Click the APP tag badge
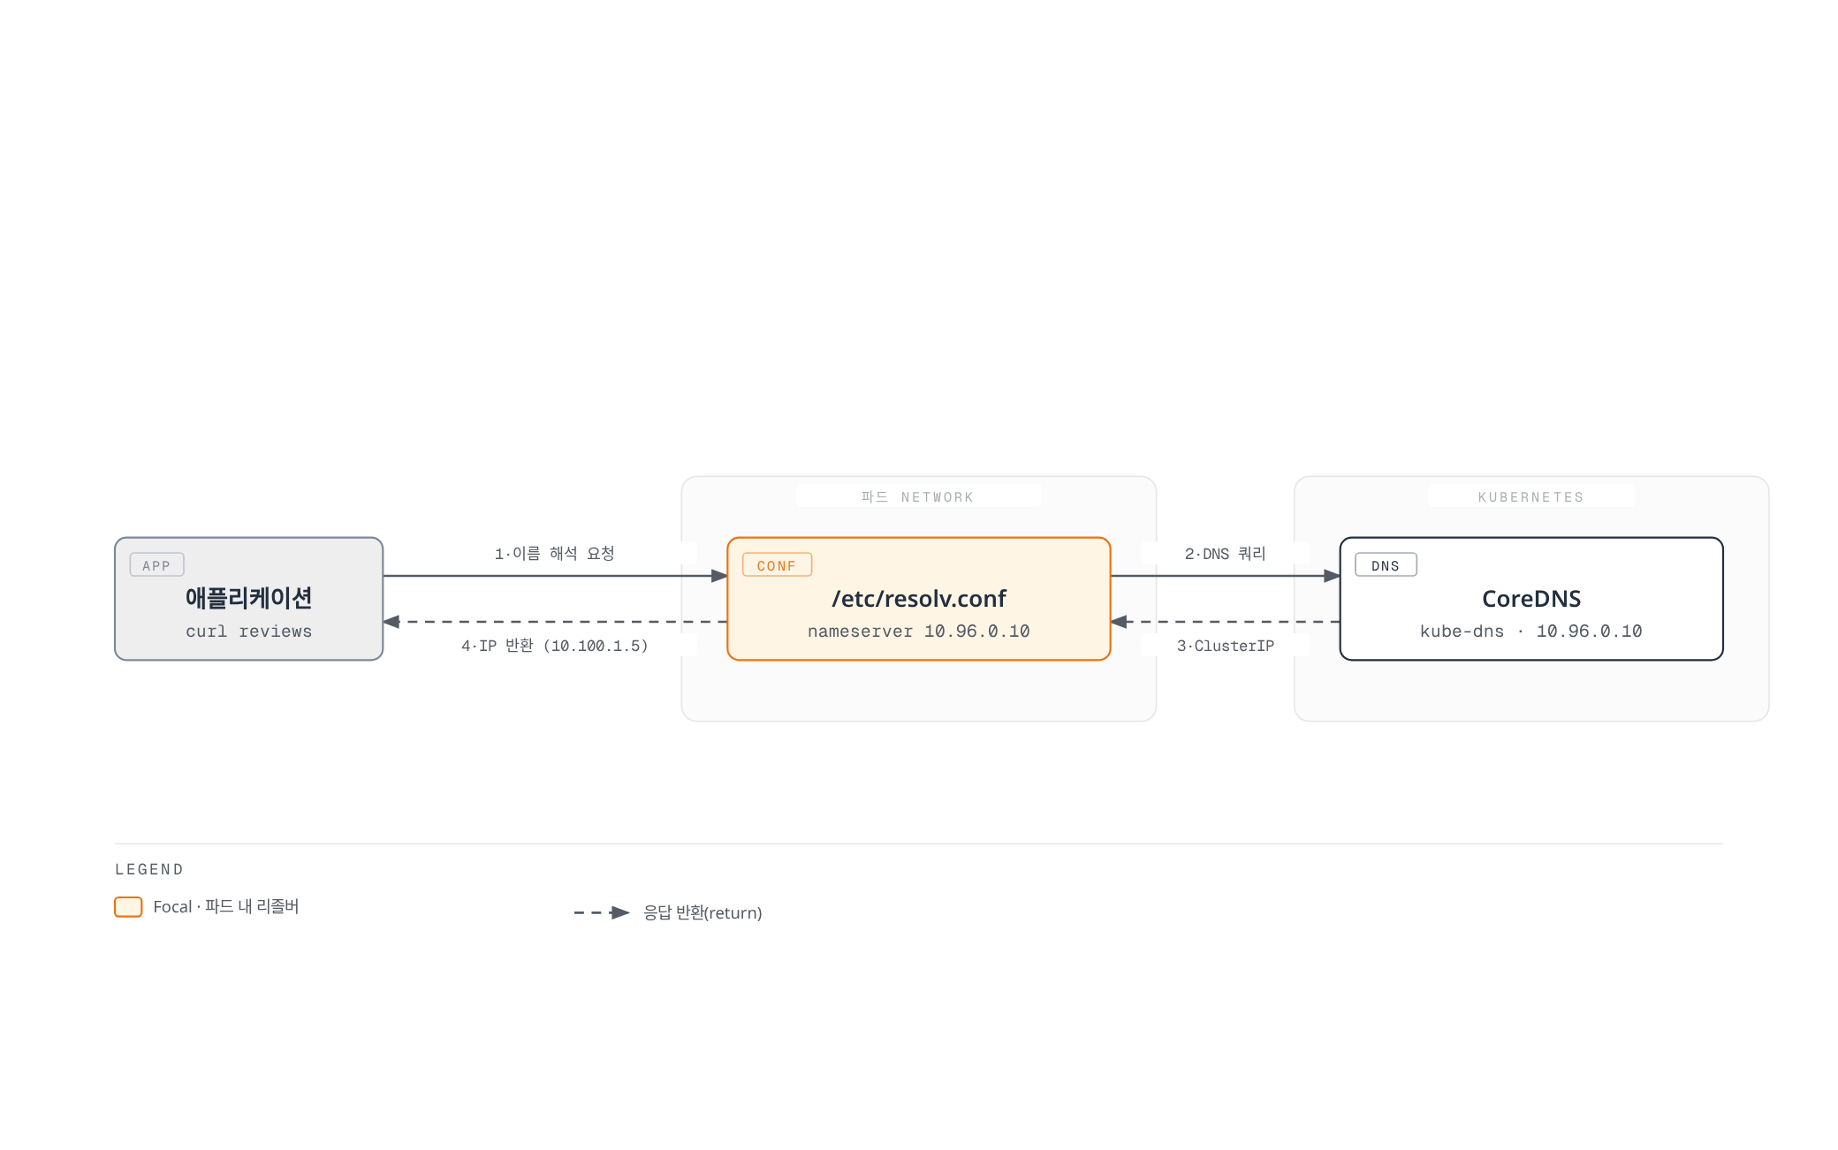[156, 565]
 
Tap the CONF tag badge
[777, 565]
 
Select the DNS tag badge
[1386, 565]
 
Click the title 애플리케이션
[248, 598]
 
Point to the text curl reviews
[248, 632]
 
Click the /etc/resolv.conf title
[919, 599]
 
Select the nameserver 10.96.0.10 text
[919, 632]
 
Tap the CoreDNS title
[1531, 599]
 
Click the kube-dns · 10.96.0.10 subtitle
[1531, 632]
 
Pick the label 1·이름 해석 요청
[554, 554]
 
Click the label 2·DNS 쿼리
[1225, 554]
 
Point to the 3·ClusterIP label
[1225, 646]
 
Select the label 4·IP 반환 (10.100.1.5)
[554, 646]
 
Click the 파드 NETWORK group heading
[918, 497]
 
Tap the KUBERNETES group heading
[1531, 497]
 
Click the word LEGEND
[149, 869]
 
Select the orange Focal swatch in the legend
[128, 907]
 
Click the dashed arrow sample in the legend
[602, 912]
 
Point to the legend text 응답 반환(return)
[703, 912]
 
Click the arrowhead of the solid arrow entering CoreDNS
[1332, 576]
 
